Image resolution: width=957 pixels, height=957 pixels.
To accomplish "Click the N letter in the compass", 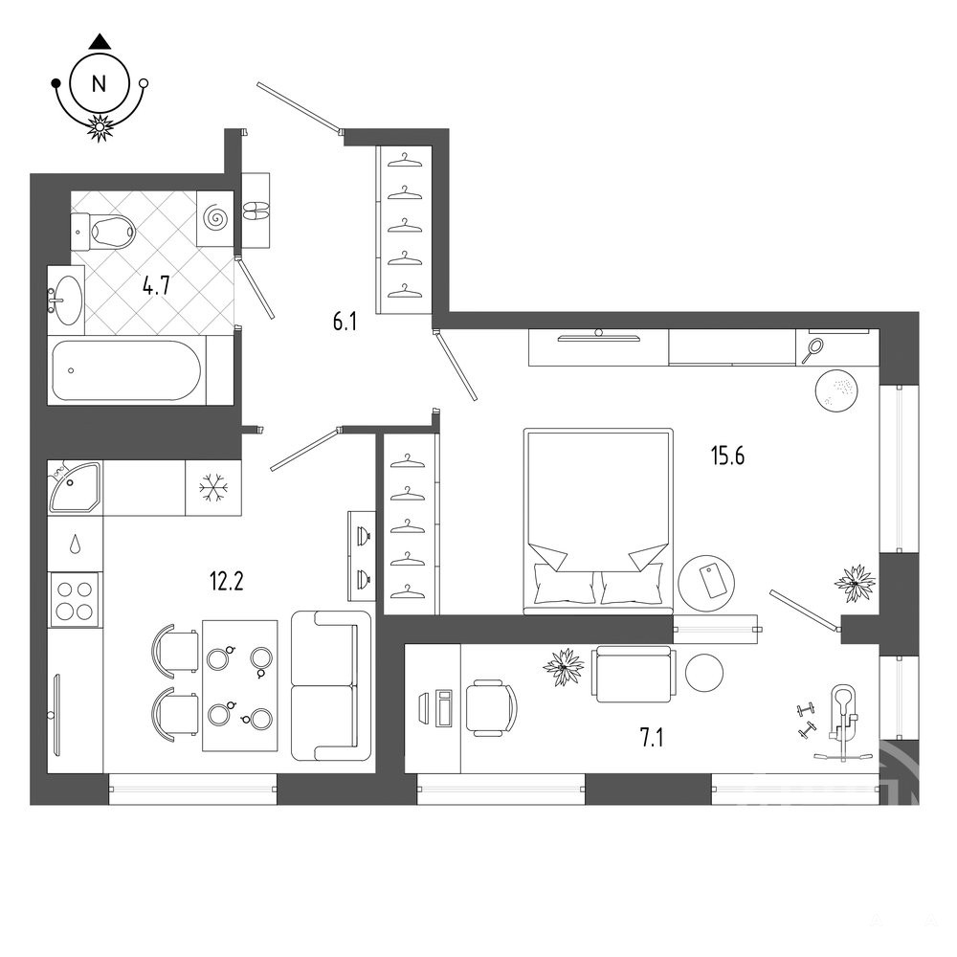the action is click(x=99, y=83).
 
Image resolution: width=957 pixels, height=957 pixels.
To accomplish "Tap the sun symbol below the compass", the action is click(x=99, y=127).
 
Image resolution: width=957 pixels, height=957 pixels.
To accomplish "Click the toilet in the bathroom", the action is click(x=102, y=232).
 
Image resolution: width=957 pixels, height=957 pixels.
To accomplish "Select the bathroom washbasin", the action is click(x=65, y=300).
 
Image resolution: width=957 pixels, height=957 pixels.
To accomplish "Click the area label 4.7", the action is click(x=156, y=285).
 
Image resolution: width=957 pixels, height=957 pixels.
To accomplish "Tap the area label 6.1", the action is click(x=345, y=322).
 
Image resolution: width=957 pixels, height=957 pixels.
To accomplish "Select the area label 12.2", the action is click(x=227, y=581).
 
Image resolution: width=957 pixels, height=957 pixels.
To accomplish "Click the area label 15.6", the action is click(x=727, y=456).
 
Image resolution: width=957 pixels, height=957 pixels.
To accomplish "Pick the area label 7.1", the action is click(x=651, y=738).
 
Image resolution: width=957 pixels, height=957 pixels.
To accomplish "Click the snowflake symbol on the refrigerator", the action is click(x=213, y=488).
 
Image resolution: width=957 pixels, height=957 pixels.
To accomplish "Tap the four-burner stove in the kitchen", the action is click(x=74, y=600).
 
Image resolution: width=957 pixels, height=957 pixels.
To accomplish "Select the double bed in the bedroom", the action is click(x=598, y=521).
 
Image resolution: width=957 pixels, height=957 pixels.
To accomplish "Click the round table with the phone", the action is click(x=707, y=583).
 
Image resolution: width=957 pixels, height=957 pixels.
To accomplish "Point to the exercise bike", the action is click(x=841, y=723).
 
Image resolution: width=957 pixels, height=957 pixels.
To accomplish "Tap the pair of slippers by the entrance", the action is click(x=256, y=211).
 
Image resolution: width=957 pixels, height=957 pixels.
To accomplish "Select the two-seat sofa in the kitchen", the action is click(x=331, y=686).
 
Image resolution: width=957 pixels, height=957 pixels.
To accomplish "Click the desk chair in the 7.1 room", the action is click(x=491, y=708).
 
